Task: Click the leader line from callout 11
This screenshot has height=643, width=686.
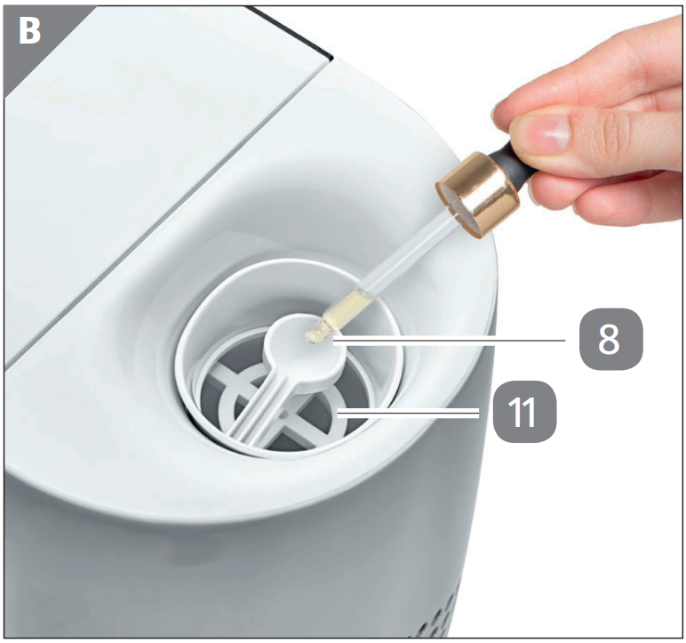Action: [x=409, y=413]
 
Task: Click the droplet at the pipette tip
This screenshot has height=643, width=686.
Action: [x=314, y=335]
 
